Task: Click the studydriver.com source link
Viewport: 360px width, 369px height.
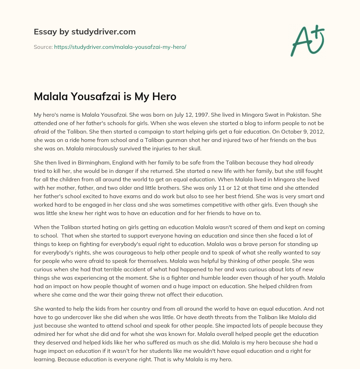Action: (x=120, y=47)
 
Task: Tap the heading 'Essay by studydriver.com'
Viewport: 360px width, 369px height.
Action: (x=85, y=32)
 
